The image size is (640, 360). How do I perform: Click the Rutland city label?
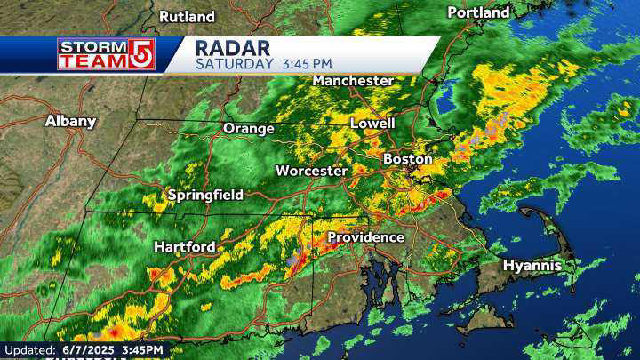tap(187, 16)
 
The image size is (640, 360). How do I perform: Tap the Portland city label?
tap(478, 12)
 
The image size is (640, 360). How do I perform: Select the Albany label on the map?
tap(70, 121)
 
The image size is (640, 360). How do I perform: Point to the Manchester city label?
tap(353, 80)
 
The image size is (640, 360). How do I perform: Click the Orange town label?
tap(248, 128)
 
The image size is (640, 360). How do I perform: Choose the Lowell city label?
tap(373, 123)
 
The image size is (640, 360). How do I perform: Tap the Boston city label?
tap(407, 159)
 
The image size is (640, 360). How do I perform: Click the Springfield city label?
tap(205, 195)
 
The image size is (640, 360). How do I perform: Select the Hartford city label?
tap(184, 246)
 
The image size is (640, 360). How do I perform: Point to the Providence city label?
tap(365, 237)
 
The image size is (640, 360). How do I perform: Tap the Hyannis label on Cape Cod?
tap(532, 266)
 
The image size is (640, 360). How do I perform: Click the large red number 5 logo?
tap(140, 54)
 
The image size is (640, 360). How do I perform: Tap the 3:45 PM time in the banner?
tap(307, 64)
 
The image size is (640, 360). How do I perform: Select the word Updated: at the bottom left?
tap(31, 351)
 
